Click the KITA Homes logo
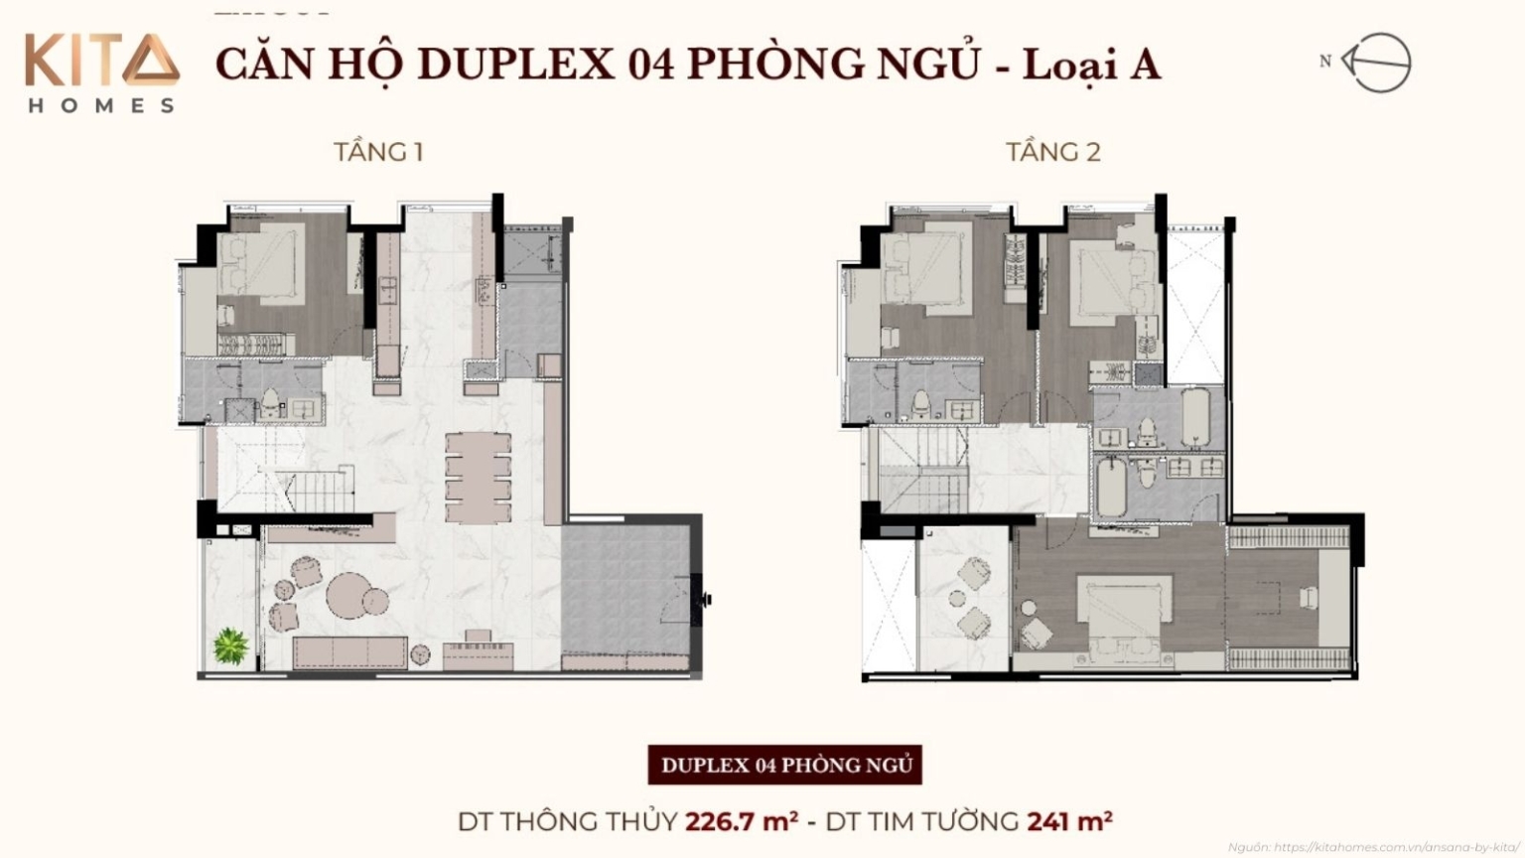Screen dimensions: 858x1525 point(102,72)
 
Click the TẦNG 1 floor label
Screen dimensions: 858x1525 point(378,152)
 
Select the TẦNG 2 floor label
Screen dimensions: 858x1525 point(1052,152)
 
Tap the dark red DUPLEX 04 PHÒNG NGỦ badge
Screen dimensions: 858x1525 point(784,765)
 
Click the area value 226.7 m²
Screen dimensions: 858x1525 point(742,821)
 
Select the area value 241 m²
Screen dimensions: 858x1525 point(1069,821)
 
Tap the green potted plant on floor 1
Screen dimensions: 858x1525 point(230,646)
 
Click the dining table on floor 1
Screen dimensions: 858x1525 point(478,477)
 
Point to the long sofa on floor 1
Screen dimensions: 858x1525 point(349,651)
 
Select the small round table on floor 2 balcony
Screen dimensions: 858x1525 point(957,599)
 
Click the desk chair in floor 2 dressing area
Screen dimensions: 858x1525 point(1309,597)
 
